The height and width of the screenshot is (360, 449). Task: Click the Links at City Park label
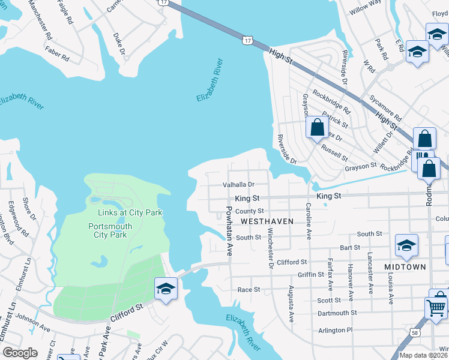[130, 212]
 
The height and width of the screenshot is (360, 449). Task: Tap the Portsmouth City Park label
[110, 230]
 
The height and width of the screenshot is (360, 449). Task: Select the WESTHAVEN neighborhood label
[267, 221]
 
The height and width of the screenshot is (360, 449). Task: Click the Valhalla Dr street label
[239, 185]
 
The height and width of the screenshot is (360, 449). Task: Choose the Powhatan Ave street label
[229, 232]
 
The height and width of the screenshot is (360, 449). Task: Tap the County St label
[250, 211]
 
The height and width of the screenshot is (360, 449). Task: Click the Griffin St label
[311, 275]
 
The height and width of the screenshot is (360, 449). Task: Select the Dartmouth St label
[337, 313]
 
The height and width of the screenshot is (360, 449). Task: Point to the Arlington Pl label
[332, 330]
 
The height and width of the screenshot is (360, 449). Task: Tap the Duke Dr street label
[119, 45]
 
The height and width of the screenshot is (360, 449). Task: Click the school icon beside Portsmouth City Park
[165, 289]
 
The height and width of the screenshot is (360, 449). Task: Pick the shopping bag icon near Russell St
[317, 127]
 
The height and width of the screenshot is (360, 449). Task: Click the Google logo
[20, 353]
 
